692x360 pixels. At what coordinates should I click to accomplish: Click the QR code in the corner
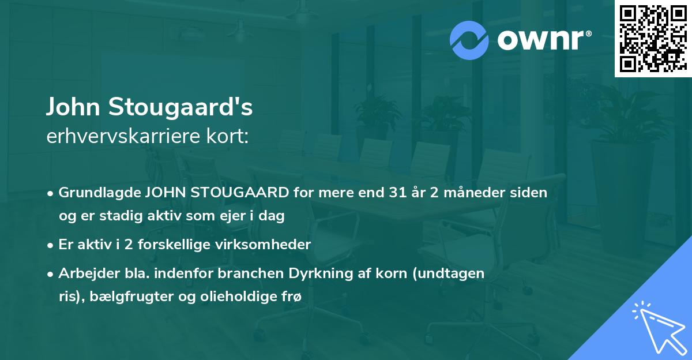tap(652, 38)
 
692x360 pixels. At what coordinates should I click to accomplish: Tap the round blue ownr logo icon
tap(469, 40)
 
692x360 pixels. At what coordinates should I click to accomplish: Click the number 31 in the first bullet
tap(398, 193)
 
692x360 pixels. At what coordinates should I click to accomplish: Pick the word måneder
tap(482, 193)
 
